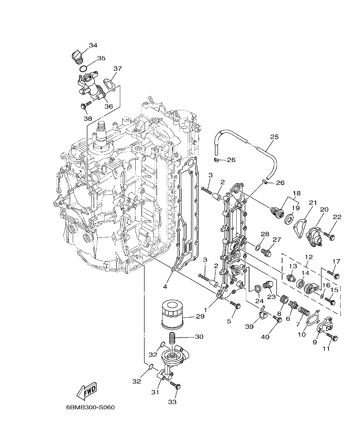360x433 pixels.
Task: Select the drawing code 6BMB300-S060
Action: (x=90, y=408)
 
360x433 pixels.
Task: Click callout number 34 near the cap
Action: (x=93, y=45)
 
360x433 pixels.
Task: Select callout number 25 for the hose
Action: (x=274, y=137)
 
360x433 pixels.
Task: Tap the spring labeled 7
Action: (x=304, y=311)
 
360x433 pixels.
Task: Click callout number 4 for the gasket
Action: (x=165, y=287)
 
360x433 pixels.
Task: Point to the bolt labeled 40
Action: (x=277, y=319)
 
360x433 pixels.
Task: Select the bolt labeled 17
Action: (x=333, y=274)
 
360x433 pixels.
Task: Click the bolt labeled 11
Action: (x=333, y=337)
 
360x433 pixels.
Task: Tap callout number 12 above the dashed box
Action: (x=308, y=257)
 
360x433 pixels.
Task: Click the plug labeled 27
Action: (x=266, y=252)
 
